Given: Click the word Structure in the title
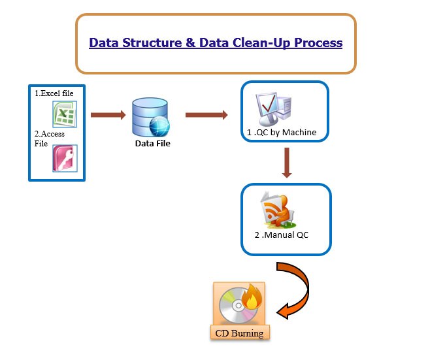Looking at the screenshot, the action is point(152,43).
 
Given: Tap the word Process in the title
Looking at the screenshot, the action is point(318,43).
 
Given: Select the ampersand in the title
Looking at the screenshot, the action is point(191,43).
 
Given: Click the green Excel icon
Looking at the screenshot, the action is point(65,114).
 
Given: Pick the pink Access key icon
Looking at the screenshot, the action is point(65,158).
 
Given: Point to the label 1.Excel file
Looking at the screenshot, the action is point(54,93).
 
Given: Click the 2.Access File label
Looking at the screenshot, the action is point(50,139).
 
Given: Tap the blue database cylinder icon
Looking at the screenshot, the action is point(150,118).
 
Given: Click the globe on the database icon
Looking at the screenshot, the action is point(159,126).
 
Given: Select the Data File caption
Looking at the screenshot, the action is point(153,144).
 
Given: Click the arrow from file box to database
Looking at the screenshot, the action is point(108,115).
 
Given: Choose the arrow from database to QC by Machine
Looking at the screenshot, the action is point(206,115).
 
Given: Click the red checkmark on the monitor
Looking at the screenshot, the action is point(269,103).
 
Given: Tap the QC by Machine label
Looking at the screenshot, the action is point(282,133).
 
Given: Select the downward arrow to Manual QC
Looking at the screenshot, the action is point(287,163).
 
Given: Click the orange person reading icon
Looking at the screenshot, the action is point(278,210).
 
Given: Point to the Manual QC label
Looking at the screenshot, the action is point(282,235).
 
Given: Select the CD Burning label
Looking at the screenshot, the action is point(239,333).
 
